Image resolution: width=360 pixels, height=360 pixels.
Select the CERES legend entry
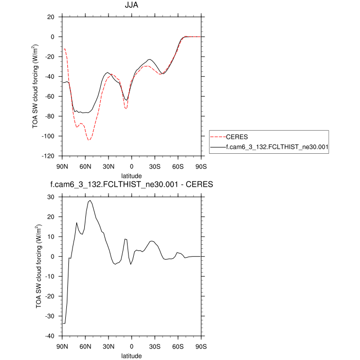[x=237, y=137]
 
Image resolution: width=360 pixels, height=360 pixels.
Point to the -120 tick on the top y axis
[x=50, y=156]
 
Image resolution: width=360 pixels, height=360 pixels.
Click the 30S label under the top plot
[x=154, y=166]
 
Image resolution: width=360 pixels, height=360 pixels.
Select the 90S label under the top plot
[x=201, y=166]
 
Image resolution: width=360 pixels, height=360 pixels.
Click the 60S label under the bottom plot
[x=177, y=346]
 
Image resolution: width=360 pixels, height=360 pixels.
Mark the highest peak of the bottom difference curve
[x=90, y=201]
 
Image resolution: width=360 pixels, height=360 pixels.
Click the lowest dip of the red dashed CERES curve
[x=89, y=140]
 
